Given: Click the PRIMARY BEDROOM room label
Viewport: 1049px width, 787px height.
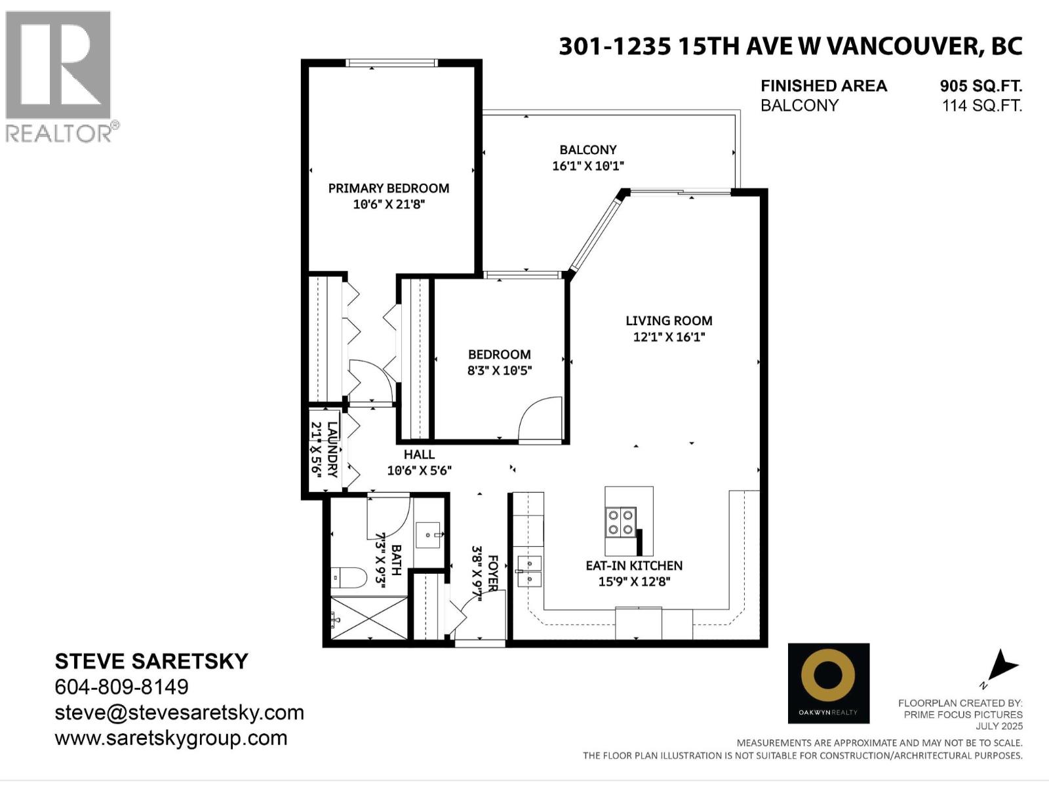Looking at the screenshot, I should [389, 188].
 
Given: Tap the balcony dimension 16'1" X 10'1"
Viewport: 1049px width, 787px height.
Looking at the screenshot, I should [587, 166].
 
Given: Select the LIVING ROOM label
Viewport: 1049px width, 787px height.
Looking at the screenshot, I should [669, 321].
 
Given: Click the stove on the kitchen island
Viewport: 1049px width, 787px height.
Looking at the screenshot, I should [621, 522].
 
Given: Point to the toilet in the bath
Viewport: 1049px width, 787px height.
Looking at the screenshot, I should [349, 578].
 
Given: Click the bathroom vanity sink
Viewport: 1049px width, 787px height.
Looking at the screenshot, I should [429, 536].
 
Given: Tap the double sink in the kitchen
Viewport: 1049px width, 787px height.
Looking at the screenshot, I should [529, 571].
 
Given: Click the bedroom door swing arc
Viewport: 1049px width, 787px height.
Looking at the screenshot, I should [541, 418].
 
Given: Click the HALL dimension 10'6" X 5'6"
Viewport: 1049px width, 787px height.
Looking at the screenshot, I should [419, 470].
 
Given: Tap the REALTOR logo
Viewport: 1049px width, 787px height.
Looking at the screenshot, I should [59, 75].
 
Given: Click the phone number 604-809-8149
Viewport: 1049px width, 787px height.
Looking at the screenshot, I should [121, 687].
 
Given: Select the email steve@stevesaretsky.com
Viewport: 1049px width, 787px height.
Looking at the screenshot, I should [179, 712].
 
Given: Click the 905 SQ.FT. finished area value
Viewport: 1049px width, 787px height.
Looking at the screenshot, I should [981, 86].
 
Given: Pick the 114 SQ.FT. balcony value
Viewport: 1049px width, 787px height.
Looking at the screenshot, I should [981, 106].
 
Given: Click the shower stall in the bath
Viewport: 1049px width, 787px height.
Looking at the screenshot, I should [368, 618].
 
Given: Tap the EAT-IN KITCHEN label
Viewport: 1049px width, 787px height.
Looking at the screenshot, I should [634, 565].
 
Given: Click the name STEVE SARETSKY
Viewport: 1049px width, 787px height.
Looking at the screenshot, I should [151, 661].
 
